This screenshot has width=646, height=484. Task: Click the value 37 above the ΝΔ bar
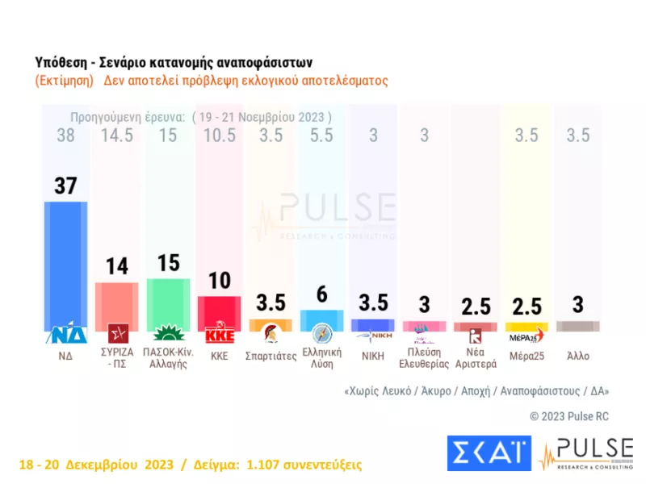click(x=65, y=186)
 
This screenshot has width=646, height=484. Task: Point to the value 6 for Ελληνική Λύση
click(x=321, y=295)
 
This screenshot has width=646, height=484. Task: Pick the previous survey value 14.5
click(x=116, y=136)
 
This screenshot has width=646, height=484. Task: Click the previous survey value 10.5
click(x=219, y=136)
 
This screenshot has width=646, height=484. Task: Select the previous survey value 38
click(x=65, y=136)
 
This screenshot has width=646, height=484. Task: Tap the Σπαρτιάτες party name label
click(x=271, y=353)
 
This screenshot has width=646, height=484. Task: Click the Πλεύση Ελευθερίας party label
click(x=424, y=357)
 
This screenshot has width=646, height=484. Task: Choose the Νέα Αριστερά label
click(x=476, y=357)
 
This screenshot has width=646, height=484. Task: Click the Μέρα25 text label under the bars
click(x=526, y=353)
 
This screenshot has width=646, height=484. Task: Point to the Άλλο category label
click(x=578, y=353)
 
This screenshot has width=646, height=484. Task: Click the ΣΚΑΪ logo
click(x=488, y=454)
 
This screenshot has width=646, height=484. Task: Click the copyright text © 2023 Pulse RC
click(x=569, y=416)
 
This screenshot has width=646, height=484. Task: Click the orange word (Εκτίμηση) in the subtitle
click(x=65, y=81)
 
